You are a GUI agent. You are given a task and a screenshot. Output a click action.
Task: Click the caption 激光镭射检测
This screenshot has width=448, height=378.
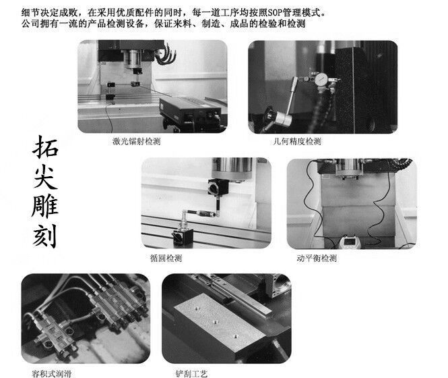(136, 141)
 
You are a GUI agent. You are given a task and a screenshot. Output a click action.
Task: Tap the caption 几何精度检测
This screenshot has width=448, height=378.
(297, 141)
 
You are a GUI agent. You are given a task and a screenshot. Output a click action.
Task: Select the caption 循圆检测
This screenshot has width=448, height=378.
(166, 259)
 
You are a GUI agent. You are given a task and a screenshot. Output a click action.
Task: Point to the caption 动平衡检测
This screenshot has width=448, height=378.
(317, 259)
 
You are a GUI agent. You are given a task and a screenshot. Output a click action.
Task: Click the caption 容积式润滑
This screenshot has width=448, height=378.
(51, 373)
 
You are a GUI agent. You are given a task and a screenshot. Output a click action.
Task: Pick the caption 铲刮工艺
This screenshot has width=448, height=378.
(191, 373)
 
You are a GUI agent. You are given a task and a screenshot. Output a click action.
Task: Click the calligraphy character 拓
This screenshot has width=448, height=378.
(45, 147)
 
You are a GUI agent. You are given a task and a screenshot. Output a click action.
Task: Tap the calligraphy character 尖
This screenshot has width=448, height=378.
(45, 177)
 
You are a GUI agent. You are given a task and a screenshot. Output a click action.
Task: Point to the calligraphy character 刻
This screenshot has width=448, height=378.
(45, 236)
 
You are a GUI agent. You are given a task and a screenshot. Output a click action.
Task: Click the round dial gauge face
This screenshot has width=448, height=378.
(321, 78)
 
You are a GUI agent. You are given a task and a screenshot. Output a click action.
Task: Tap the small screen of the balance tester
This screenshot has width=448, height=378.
(349, 242)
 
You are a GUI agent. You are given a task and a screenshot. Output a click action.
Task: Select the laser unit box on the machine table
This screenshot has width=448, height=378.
(190, 110)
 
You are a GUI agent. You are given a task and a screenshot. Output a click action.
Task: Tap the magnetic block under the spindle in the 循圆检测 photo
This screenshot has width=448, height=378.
(218, 187)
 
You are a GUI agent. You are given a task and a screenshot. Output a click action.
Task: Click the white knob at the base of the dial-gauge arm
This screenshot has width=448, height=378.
(284, 118)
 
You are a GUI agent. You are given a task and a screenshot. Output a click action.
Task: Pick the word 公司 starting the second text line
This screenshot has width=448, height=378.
(30, 24)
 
